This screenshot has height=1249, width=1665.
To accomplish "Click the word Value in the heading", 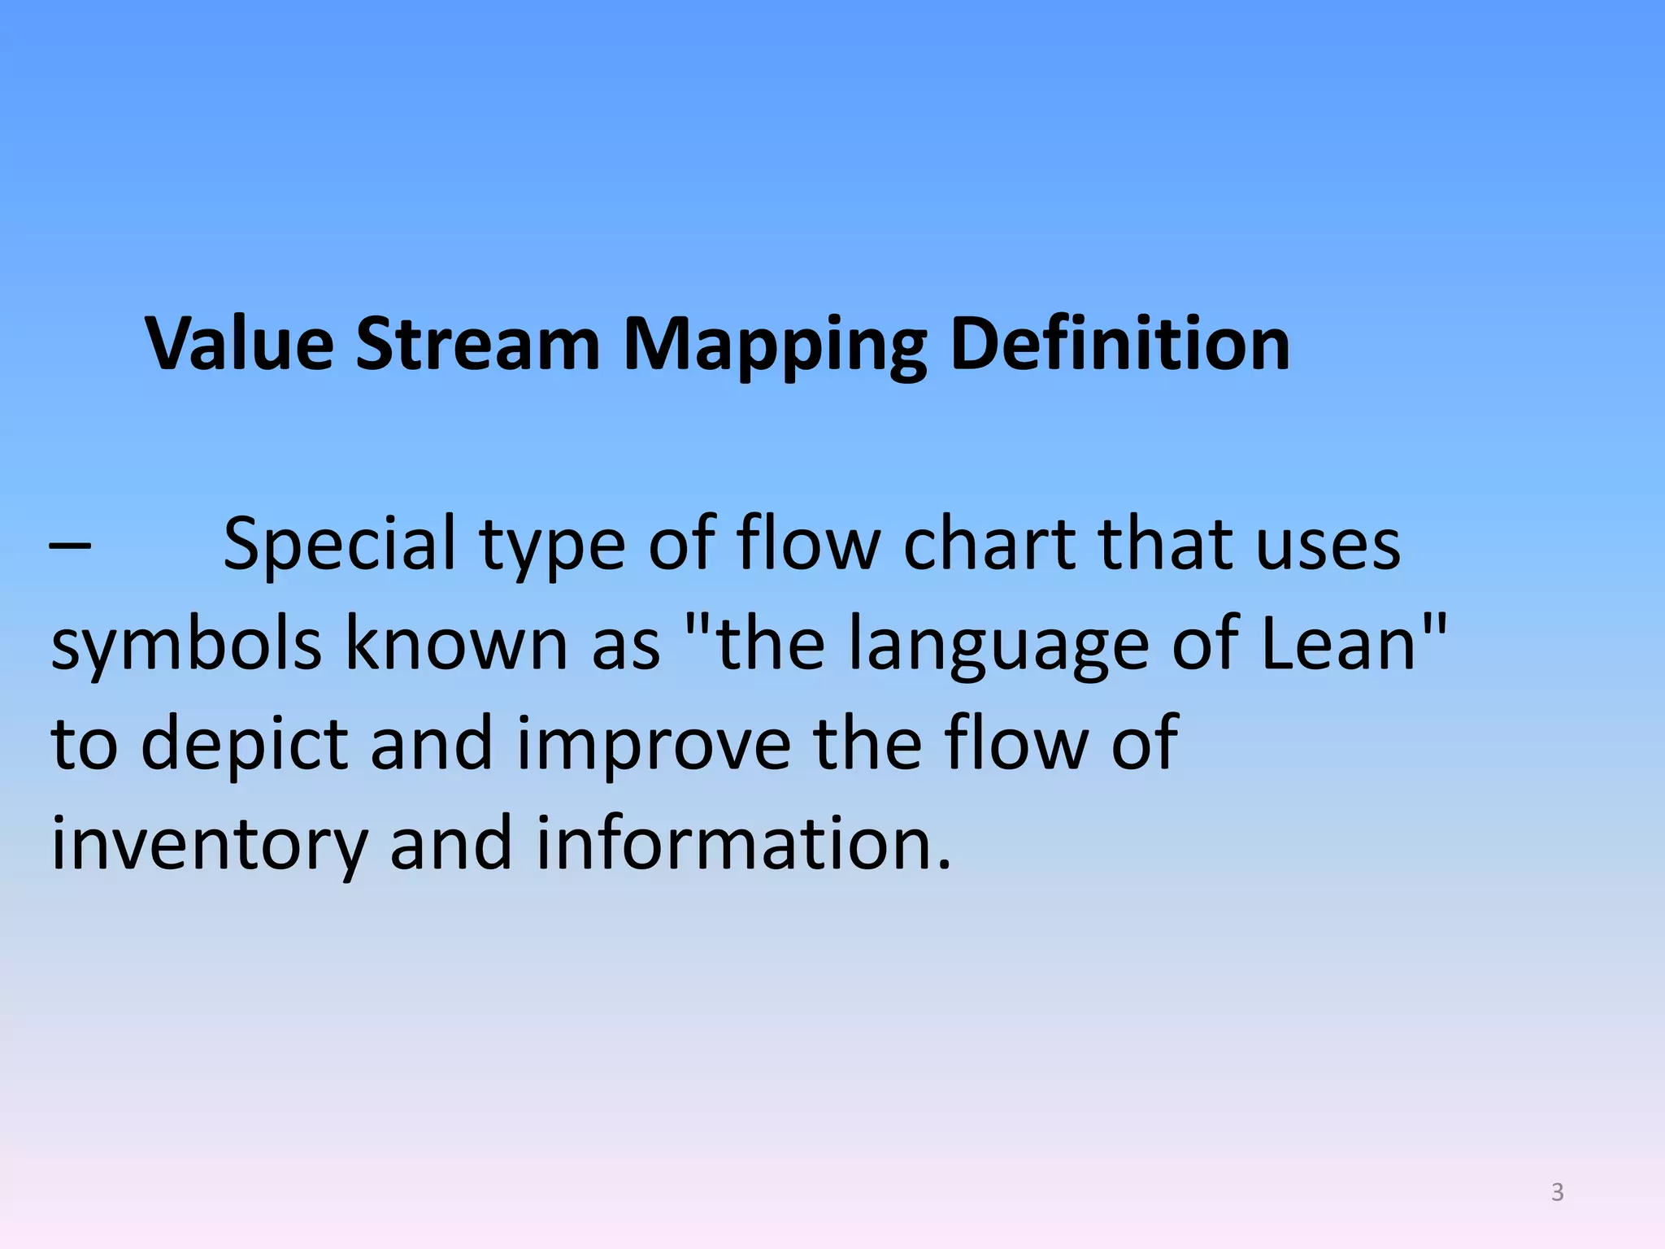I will coord(239,344).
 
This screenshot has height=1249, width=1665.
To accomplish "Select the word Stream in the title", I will coord(477,344).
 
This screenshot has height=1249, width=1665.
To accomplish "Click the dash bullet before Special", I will coord(70,546).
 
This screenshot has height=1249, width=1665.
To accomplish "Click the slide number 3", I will coord(1557,1192).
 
